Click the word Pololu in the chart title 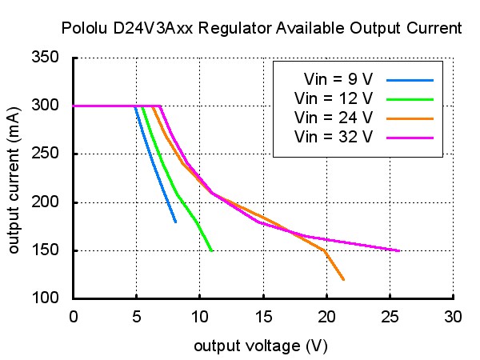pos(84,28)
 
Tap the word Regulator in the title pos(234,29)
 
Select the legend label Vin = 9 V pos(338,79)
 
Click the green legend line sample pos(410,99)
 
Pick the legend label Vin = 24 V pos(334,118)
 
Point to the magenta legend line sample pos(410,138)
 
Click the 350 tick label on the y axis pos(45,57)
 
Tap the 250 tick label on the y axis pos(45,153)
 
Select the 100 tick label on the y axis pos(45,298)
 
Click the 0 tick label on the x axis pos(74,317)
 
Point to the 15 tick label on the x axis pos(263,317)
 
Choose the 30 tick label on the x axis pos(453,317)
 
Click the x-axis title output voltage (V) pos(261,346)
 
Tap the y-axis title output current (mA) pos(13,181)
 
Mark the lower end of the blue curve pos(175,222)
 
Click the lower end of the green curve pos(211,250)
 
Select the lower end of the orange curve pos(343,279)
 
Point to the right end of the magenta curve pos(399,250)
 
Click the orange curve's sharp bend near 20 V pos(324,250)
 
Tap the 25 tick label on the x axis pos(390,317)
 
